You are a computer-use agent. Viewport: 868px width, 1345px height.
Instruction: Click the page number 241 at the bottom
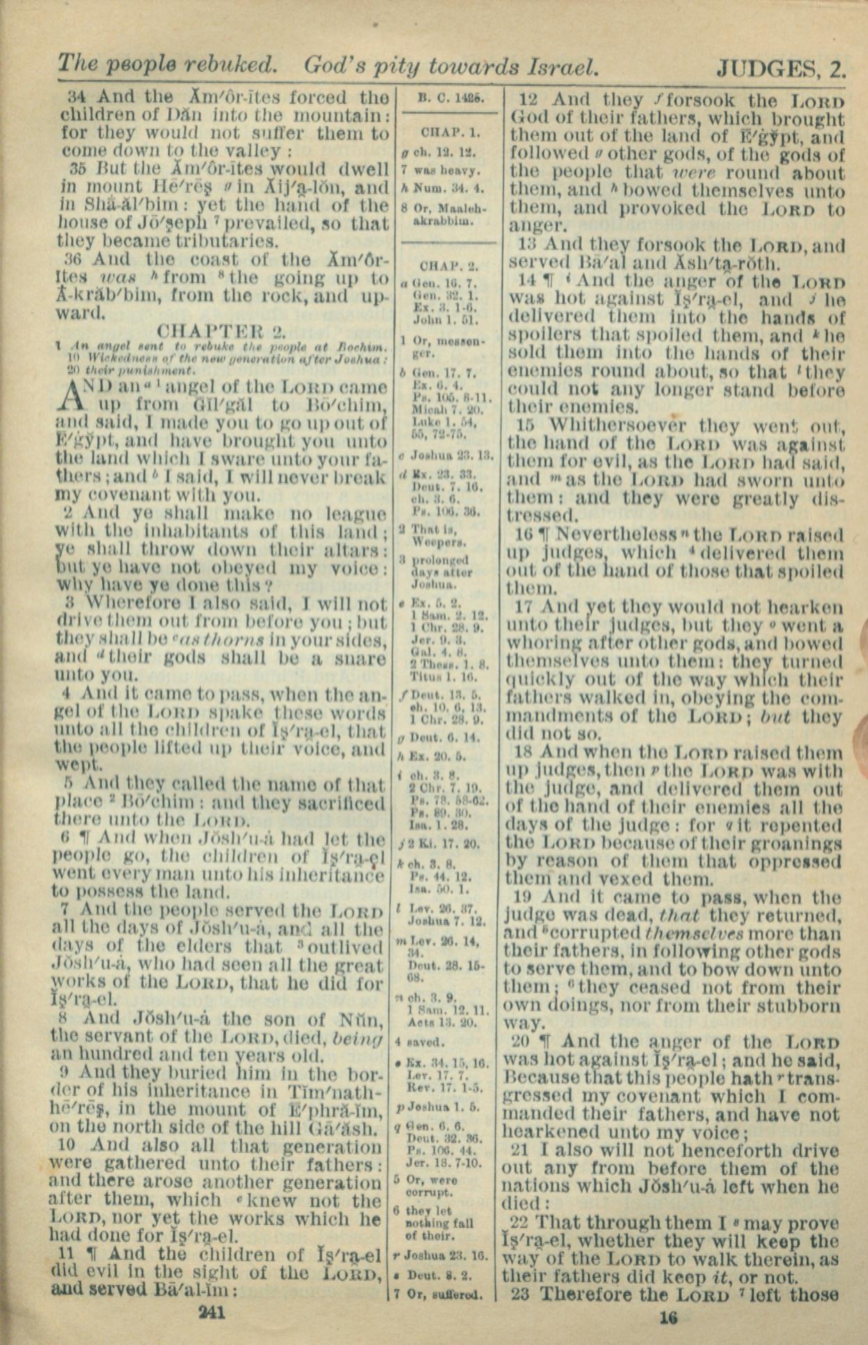pyautogui.click(x=212, y=1312)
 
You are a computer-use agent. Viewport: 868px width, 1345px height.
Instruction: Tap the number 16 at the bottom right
pyautogui.click(x=668, y=1318)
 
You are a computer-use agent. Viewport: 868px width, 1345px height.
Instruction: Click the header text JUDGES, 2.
pyautogui.click(x=781, y=68)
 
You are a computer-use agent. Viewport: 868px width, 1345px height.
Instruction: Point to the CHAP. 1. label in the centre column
pyautogui.click(x=445, y=132)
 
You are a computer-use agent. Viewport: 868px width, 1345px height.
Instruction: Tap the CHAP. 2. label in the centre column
pyautogui.click(x=445, y=265)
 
